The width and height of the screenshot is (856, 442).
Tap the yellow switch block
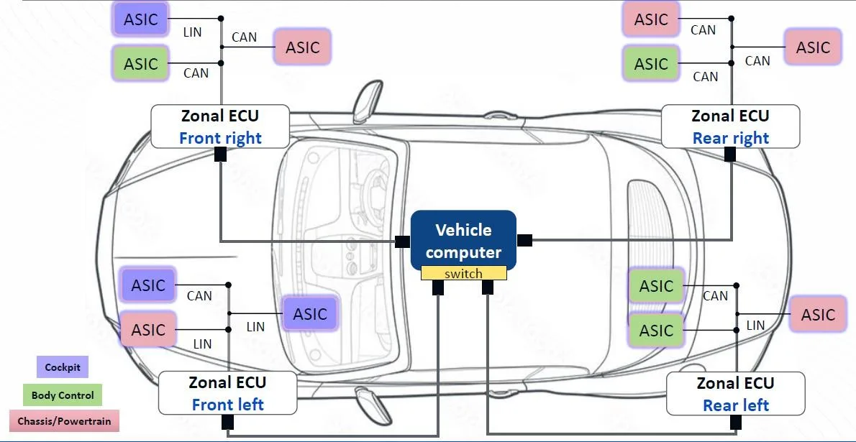tap(463, 274)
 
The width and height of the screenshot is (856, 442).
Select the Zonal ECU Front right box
tap(220, 126)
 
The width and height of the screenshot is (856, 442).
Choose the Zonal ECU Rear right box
tap(730, 126)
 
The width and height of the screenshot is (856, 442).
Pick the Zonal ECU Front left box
tap(227, 393)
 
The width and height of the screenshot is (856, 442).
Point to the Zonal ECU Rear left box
tap(735, 394)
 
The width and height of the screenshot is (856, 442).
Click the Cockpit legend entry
tap(63, 367)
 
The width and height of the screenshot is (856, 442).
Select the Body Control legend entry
tap(63, 395)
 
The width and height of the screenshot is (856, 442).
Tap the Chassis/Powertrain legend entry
tap(64, 421)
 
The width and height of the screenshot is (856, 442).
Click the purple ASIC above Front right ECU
tap(140, 19)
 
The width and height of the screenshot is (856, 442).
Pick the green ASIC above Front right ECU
tap(140, 63)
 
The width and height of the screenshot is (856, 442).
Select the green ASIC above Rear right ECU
tap(651, 64)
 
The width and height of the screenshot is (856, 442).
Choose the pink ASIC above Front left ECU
tap(148, 330)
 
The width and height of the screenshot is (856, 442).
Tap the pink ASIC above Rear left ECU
tap(818, 315)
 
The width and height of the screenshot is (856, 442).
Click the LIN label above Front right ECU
tap(193, 32)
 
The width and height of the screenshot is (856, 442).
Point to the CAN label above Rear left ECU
tap(715, 295)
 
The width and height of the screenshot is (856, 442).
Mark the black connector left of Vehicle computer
tap(403, 241)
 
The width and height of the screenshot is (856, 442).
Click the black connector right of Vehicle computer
tap(524, 240)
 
